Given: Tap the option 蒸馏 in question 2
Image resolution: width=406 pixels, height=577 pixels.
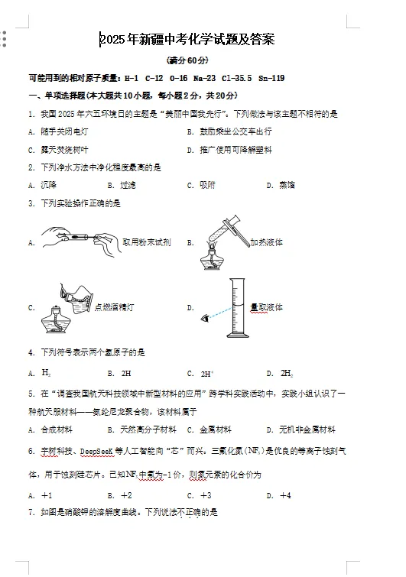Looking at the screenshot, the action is (x=287, y=185).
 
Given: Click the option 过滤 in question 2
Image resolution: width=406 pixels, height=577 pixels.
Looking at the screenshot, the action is (x=128, y=185).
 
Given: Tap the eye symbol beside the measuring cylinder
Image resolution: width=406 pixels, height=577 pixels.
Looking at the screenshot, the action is (x=203, y=317).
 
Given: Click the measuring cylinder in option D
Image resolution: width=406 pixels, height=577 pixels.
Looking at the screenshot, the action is (x=239, y=307).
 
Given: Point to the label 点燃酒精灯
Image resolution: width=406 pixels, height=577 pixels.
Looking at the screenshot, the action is (x=114, y=307).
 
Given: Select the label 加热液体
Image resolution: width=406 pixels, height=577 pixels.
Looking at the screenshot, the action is (x=267, y=242).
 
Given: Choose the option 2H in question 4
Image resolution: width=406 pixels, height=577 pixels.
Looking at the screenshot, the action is (x=126, y=374).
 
